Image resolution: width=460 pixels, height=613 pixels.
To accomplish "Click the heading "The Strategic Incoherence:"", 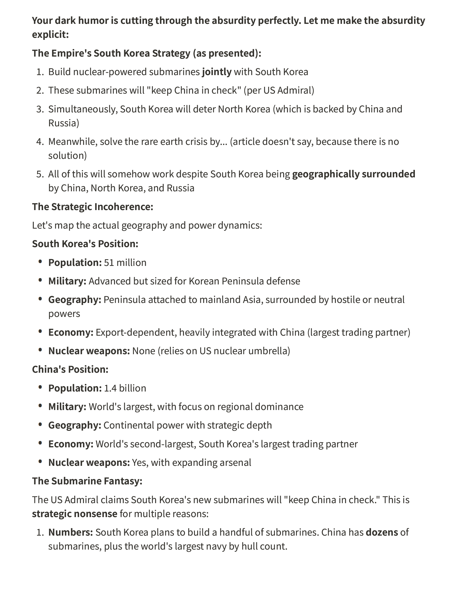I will [93, 207].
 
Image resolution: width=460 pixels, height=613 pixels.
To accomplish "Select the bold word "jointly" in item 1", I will [217, 72].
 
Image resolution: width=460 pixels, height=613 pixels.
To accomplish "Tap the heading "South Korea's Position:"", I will [85, 244].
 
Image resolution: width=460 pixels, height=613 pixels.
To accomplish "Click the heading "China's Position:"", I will [70, 369].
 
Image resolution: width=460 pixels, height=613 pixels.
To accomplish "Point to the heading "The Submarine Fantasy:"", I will [87, 481].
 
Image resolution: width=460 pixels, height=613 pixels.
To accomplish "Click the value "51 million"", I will [125, 262].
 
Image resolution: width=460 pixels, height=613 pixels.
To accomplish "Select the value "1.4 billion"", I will [125, 388].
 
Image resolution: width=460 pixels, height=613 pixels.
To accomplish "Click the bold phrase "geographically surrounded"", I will [354, 174].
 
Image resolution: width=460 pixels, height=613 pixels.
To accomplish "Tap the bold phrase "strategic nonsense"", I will [75, 514].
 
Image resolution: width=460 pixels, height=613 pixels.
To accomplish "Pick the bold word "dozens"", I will [382, 532].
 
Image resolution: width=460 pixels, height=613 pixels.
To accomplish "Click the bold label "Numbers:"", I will [70, 532].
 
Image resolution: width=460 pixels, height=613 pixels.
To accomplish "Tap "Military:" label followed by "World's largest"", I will [67, 407].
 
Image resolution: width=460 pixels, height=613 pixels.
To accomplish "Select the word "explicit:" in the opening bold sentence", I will [50, 35].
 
